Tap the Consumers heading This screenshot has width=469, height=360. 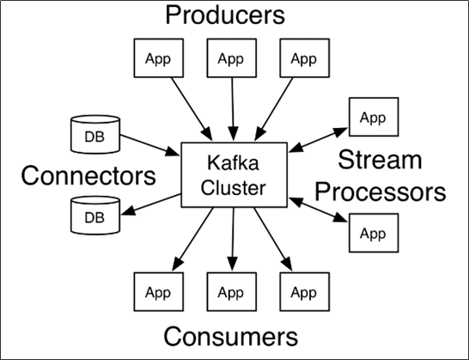pyautogui.click(x=230, y=336)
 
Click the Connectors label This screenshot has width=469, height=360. pyautogui.click(x=88, y=175)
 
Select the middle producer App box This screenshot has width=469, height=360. pyautogui.click(x=231, y=59)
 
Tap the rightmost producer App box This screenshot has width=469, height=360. pyautogui.click(x=303, y=59)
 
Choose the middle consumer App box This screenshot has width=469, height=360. pyautogui.click(x=231, y=292)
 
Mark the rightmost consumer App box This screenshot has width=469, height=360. pyautogui.click(x=303, y=292)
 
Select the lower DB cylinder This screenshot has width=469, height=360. pyautogui.click(x=93, y=215)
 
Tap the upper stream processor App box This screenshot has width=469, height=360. pyautogui.click(x=373, y=117)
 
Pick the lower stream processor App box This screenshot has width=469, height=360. pyautogui.click(x=373, y=233)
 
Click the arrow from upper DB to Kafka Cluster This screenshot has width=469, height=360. pyautogui.click(x=150, y=143)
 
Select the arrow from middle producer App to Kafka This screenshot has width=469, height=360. pyautogui.click(x=231, y=107)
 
